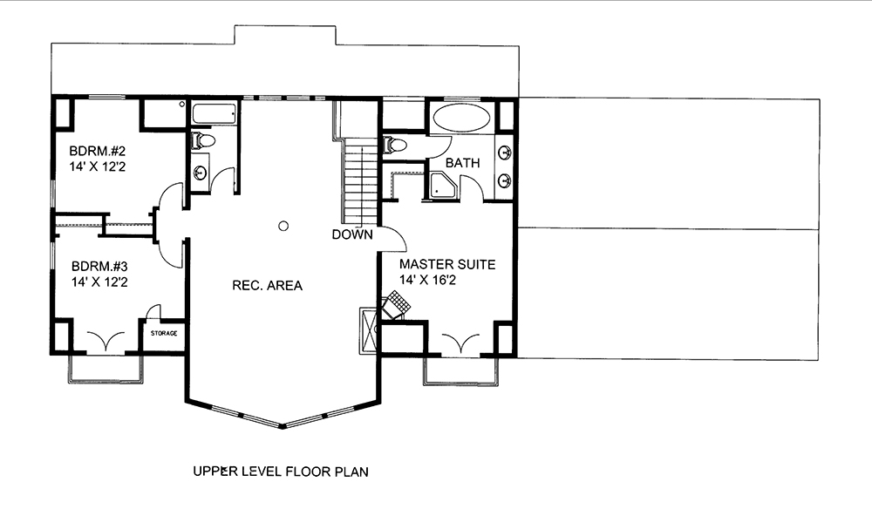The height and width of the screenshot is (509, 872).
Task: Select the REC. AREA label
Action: tap(267, 285)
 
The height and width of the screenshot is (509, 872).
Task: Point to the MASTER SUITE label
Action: tap(447, 263)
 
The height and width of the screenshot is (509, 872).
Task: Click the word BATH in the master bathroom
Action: tap(462, 163)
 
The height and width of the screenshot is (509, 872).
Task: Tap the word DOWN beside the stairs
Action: tap(352, 234)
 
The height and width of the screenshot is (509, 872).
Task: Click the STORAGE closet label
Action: tap(164, 333)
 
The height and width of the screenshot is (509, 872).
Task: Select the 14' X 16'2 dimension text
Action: tap(433, 280)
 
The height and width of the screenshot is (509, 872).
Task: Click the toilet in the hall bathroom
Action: tap(202, 139)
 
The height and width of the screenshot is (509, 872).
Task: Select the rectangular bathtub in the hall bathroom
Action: tap(214, 113)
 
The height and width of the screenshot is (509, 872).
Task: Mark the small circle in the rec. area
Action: tap(283, 227)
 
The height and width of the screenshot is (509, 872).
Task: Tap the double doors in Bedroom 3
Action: tap(105, 340)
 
